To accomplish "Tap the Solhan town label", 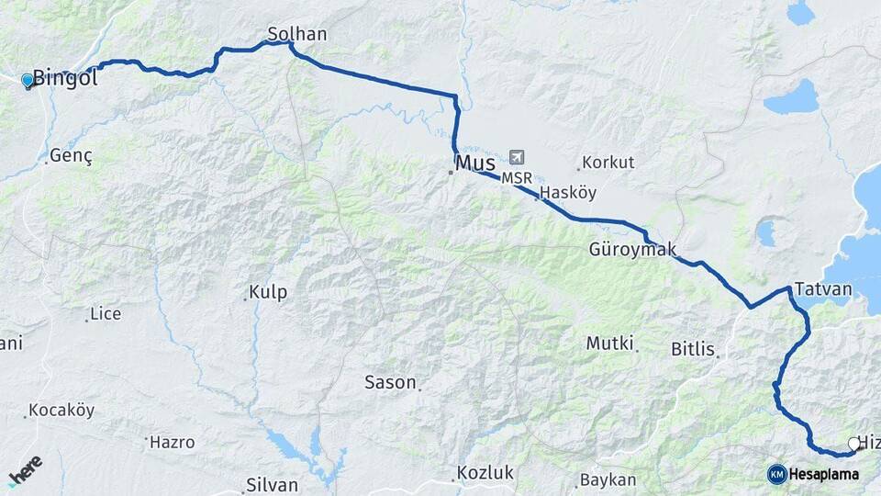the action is click(x=296, y=35).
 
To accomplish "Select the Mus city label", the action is click(x=475, y=163).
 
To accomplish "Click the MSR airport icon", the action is click(x=517, y=158).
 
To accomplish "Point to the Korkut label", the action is click(x=608, y=163).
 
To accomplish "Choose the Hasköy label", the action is click(x=569, y=193).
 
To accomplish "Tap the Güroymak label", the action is click(x=632, y=250).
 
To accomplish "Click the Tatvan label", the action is click(x=823, y=288).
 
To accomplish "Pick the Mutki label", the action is click(x=610, y=344).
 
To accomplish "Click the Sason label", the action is click(x=390, y=382).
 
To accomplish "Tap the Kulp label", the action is click(x=268, y=293).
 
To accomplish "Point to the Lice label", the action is click(x=106, y=314).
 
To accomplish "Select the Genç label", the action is click(x=72, y=155).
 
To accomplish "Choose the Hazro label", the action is click(x=173, y=442).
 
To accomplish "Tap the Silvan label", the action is click(x=272, y=485).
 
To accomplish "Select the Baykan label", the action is click(x=608, y=479).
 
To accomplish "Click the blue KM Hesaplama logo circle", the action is click(x=777, y=474).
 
